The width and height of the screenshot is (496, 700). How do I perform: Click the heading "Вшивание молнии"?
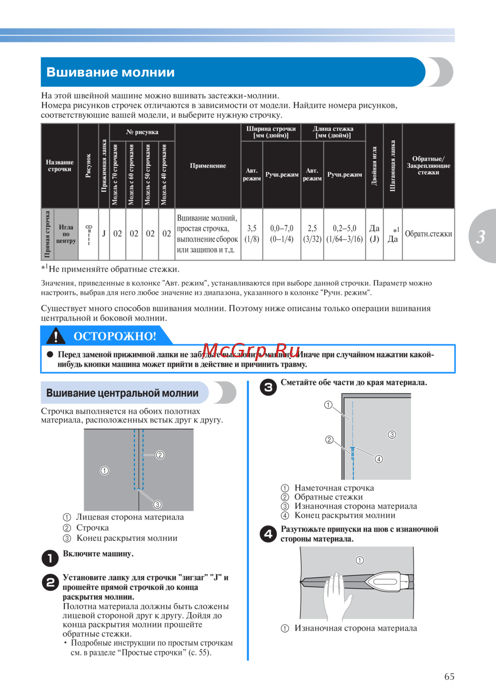pos(111,72)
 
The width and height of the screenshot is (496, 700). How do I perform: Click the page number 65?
pos(449,676)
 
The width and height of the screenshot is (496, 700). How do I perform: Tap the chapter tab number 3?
pos(481,237)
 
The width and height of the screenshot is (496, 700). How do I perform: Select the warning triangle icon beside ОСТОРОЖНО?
pos(56,336)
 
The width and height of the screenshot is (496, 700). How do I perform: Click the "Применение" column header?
pos(208,166)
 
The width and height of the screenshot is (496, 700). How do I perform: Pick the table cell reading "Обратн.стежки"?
pos(429,234)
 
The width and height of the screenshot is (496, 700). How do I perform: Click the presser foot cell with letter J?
pos(104,234)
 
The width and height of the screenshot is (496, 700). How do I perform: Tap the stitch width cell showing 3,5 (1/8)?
pos(252,234)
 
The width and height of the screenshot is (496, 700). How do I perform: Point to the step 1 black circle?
pos(50,558)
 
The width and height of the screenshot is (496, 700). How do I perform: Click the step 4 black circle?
pos(268,534)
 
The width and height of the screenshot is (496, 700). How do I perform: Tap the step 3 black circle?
pos(268,387)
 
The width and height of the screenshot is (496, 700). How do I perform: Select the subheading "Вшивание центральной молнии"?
pos(123,393)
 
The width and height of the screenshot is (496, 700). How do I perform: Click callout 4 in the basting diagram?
pos(379,459)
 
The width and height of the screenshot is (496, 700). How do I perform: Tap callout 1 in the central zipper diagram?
pos(105,471)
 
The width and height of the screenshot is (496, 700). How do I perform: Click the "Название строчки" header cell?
pos(60,166)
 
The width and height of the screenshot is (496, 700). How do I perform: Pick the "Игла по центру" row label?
pos(66,234)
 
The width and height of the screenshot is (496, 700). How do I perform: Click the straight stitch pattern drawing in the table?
pos(89,234)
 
